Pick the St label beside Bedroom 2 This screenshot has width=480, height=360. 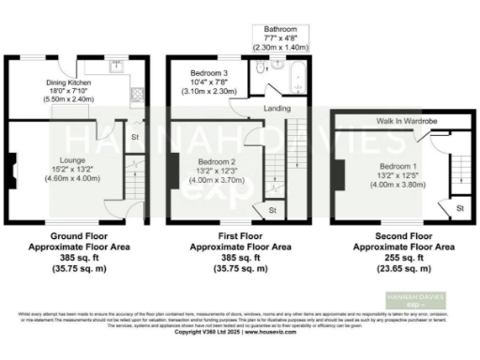(272, 211)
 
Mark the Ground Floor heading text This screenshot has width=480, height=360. (79, 235)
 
